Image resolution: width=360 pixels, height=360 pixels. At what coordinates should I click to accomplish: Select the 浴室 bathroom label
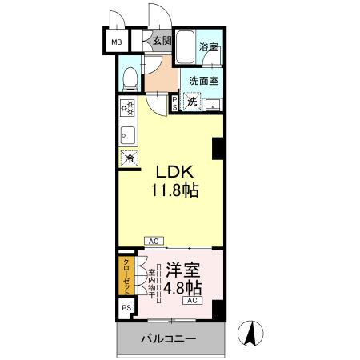(x=209, y=47)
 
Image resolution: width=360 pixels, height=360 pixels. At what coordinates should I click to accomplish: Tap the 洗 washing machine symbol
(x=192, y=101)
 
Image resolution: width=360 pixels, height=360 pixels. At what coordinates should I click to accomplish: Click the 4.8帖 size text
(x=182, y=287)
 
